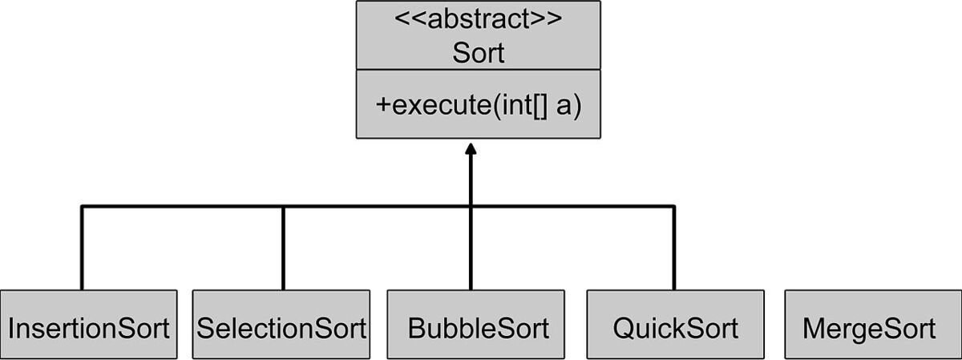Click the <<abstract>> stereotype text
coord(478,19)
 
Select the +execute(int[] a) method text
coord(478,107)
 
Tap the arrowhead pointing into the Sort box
coord(471,150)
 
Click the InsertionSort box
coord(88,324)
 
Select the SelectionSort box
coord(281,324)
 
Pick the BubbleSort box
coord(478,324)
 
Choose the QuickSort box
coord(674,324)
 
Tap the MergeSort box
coord(868,324)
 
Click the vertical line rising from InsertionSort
coord(82,249)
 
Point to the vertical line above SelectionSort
coord(283,249)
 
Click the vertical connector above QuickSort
coord(673,249)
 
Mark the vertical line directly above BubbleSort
coord(471,249)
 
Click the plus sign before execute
coord(383,107)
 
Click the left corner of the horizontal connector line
coord(82,207)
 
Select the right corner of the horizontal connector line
coord(673,207)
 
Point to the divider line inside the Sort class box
coord(478,70)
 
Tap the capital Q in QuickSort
coord(624,329)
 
